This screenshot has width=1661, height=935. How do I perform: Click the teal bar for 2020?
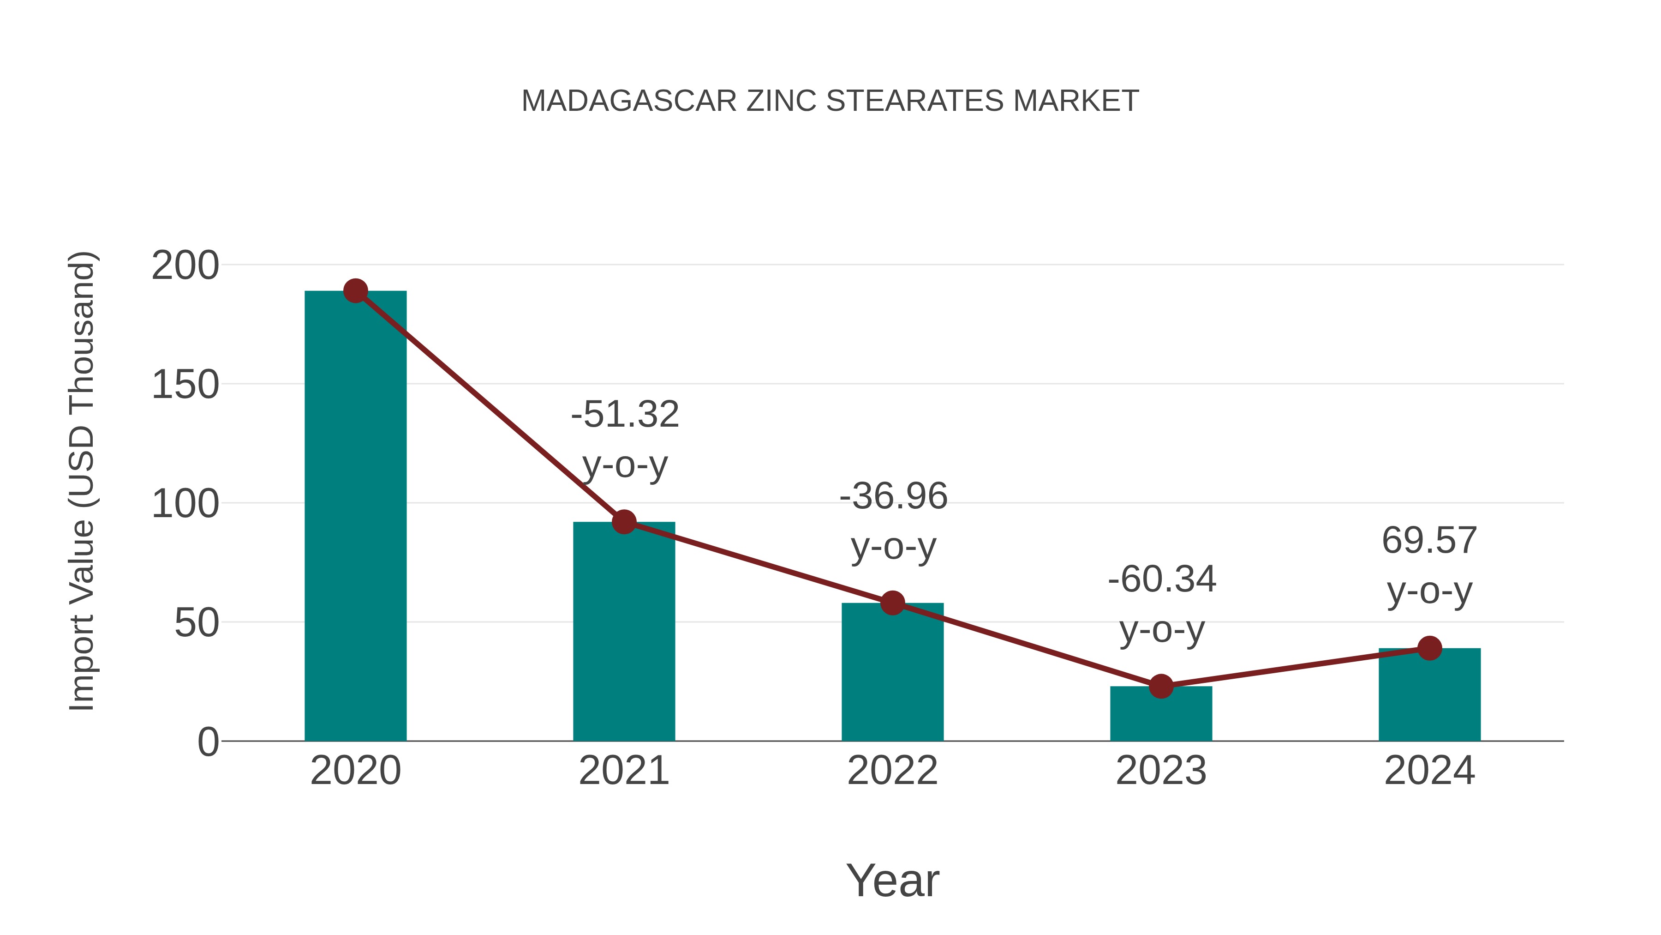click(355, 516)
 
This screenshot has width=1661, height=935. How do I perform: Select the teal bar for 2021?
click(623, 633)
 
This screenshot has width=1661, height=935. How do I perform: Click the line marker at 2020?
click(355, 291)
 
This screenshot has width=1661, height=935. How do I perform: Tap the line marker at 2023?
click(1161, 687)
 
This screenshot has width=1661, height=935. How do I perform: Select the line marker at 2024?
click(1429, 648)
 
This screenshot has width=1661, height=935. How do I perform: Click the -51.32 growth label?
click(625, 414)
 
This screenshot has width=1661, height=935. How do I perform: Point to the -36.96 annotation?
click(893, 497)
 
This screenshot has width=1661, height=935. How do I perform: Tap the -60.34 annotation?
click(1162, 579)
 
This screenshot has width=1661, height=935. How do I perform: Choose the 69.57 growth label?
click(1429, 541)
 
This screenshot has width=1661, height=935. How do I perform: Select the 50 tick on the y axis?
click(196, 623)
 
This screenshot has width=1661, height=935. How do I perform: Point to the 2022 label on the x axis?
click(892, 771)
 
